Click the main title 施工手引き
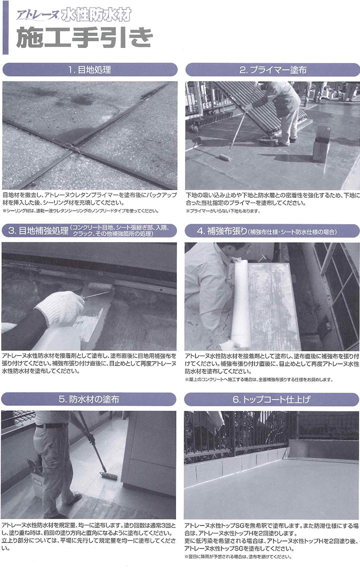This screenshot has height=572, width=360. [x=84, y=38]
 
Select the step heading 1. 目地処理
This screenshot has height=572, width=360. [x=89, y=70]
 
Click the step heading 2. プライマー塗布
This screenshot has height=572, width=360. [x=272, y=70]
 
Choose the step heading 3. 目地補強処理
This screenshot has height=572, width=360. [x=38, y=231]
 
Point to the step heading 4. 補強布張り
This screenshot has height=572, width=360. [x=222, y=231]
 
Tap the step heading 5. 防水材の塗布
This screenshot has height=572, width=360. [x=89, y=399]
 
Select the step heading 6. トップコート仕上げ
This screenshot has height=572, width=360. [x=271, y=399]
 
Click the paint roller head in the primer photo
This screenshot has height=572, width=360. [x=225, y=157]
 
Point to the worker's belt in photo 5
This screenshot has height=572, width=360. [x=51, y=425]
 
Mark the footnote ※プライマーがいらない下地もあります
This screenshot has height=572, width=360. [x=223, y=211]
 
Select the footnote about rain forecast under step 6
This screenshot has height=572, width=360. [x=238, y=556]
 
